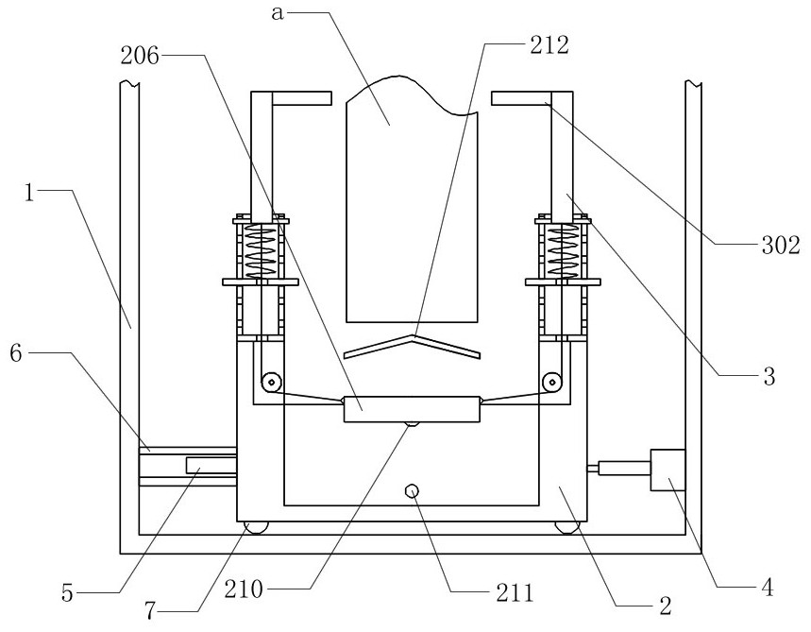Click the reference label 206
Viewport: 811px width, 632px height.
[140, 56]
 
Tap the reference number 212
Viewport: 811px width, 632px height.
[549, 45]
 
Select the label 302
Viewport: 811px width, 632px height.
[781, 246]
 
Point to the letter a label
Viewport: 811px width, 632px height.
[278, 14]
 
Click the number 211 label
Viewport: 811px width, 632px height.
[515, 592]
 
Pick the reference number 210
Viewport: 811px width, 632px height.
[244, 589]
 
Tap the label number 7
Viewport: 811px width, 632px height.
[150, 611]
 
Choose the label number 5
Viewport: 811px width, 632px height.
[68, 593]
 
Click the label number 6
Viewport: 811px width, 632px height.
[16, 354]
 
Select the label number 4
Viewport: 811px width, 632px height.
[768, 588]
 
